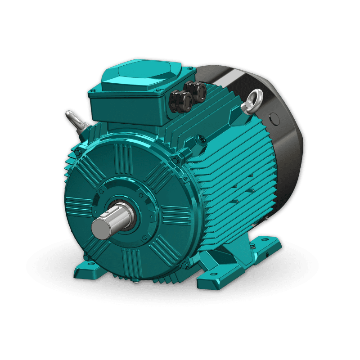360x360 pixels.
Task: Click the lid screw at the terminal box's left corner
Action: tap(92, 93)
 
